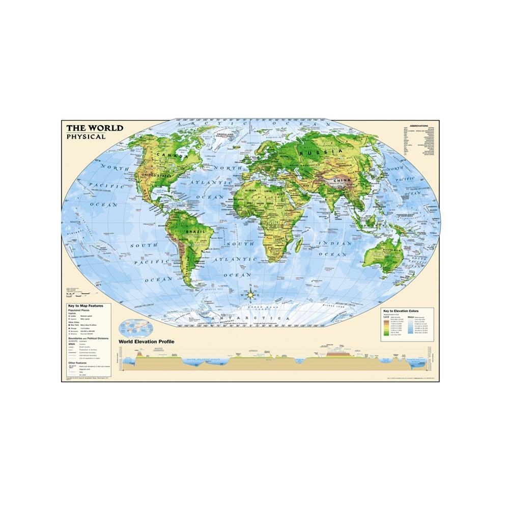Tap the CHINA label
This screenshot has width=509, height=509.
click(338, 180)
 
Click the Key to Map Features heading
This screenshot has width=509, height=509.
click(82, 305)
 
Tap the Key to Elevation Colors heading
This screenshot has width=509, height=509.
click(402, 310)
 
